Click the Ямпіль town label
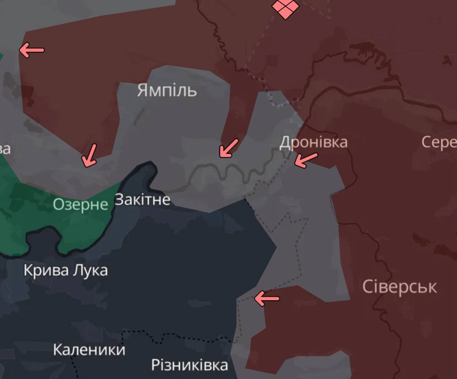pos(167,90)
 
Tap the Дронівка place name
pos(313,142)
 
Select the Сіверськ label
pos(399,287)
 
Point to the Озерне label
pos(80,204)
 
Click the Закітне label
pos(142,199)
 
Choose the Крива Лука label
pos(65,270)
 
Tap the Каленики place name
pos(89,350)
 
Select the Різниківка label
pos(189,365)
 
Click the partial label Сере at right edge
pos(439,142)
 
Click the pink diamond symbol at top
pos(285,8)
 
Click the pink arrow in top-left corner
pos(31,50)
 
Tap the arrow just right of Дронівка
pos(305,160)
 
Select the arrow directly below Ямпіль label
pos(229,148)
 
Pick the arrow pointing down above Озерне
pos(89,155)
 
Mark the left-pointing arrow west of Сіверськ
pos(267,298)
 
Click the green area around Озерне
pos(25,212)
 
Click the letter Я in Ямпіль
pos(142,90)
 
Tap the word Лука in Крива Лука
pos(90,270)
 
